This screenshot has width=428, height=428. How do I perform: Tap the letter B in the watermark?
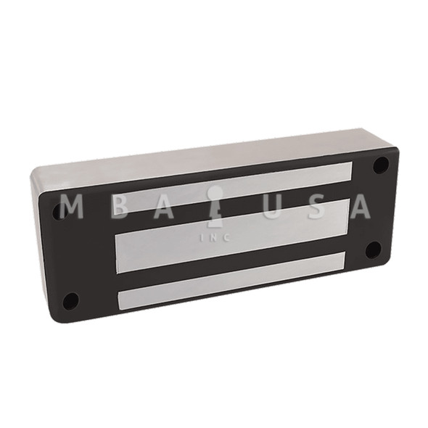[x=119, y=207]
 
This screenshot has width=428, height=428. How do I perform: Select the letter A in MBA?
[x=166, y=207]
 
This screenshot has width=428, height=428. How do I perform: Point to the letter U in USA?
[x=264, y=207]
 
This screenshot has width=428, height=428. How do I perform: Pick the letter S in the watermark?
[x=310, y=207]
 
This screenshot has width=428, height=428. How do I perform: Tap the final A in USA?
[x=358, y=207]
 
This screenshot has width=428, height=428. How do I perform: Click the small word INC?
[x=214, y=236]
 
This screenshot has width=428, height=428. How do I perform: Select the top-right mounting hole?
[x=379, y=165]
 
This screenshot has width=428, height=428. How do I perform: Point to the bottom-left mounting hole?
[x=70, y=300]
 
